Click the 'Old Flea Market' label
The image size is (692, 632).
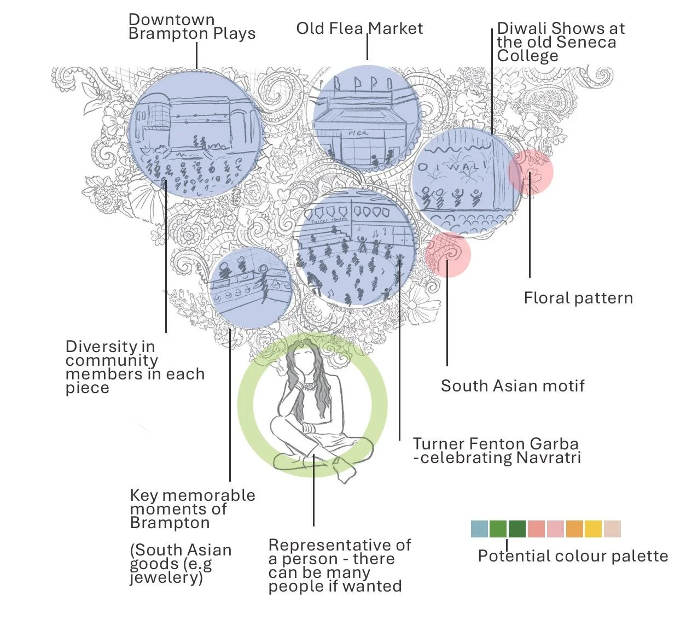[359, 28]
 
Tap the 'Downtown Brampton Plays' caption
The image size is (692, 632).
[191, 26]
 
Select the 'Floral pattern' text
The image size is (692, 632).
[578, 298]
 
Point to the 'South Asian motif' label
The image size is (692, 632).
[513, 386]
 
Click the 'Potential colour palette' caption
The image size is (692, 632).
[573, 556]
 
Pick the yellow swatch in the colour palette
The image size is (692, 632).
[593, 529]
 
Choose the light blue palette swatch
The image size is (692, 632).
[479, 529]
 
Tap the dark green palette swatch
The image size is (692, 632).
[517, 529]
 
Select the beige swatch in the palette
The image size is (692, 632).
[612, 529]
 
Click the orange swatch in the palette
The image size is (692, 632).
[574, 529]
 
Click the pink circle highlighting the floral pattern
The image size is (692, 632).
[530, 172]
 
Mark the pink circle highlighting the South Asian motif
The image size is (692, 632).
[448, 254]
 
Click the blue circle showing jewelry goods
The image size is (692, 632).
[249, 288]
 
